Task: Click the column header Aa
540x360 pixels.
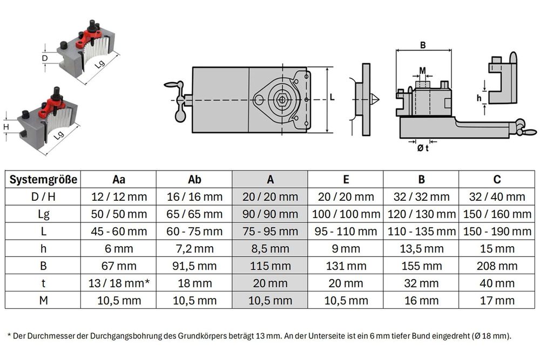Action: coord(119,179)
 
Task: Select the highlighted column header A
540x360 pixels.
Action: coord(271,179)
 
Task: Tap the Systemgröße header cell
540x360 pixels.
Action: coord(43,179)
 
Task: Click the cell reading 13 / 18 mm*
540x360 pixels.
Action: coord(119,283)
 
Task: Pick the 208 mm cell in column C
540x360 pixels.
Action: coord(497,266)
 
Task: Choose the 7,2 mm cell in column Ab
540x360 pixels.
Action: coord(194,248)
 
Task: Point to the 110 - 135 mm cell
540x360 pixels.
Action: coord(422,232)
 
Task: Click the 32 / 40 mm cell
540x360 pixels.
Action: coord(497,196)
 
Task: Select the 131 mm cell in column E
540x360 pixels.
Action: coord(346,266)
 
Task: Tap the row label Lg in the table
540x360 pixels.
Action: coord(43,214)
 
